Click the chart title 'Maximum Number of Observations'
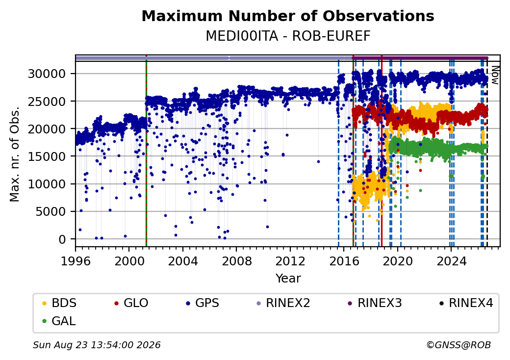[288, 16]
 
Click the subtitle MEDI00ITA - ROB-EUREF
[288, 36]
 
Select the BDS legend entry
[59, 303]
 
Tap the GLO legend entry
[131, 303]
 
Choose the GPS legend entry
[203, 303]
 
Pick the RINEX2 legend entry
[283, 303]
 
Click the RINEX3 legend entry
[375, 303]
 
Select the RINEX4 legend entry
[466, 303]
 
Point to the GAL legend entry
[59, 321]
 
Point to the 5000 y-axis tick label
[51, 212]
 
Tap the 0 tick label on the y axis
[62, 239]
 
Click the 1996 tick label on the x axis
[76, 261]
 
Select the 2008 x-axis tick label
[236, 261]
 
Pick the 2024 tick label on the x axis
[451, 261]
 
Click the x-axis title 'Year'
[288, 279]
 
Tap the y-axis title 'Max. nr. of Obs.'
[15, 154]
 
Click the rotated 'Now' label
[495, 75]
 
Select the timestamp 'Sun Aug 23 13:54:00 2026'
[97, 345]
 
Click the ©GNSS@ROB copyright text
[459, 345]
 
